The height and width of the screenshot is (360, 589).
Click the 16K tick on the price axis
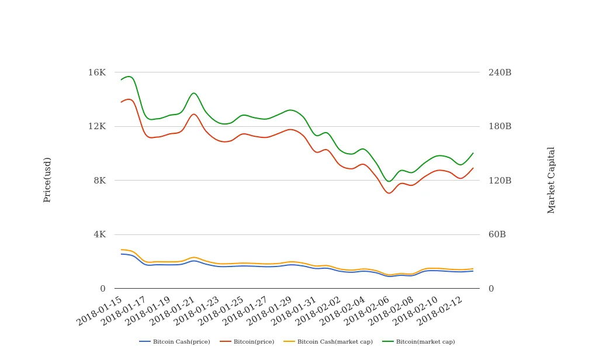click(x=96, y=72)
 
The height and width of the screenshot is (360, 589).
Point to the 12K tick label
click(x=96, y=126)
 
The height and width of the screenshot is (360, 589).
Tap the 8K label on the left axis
click(x=99, y=181)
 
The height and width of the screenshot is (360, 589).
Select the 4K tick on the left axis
click(x=99, y=234)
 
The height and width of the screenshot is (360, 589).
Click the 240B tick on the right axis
click(x=500, y=72)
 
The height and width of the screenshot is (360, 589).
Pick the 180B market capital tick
click(x=500, y=126)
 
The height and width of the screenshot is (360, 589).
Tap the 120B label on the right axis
click(x=500, y=181)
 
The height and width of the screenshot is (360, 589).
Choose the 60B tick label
click(x=497, y=234)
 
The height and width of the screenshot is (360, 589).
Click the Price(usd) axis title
click(x=47, y=180)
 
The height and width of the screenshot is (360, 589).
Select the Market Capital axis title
click(x=551, y=180)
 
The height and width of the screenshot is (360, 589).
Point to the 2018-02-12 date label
click(x=441, y=310)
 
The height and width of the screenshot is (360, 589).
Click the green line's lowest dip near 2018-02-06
click(x=389, y=181)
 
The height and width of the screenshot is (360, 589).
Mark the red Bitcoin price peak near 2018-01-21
click(x=193, y=114)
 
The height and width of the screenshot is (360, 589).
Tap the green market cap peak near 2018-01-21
click(x=193, y=93)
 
